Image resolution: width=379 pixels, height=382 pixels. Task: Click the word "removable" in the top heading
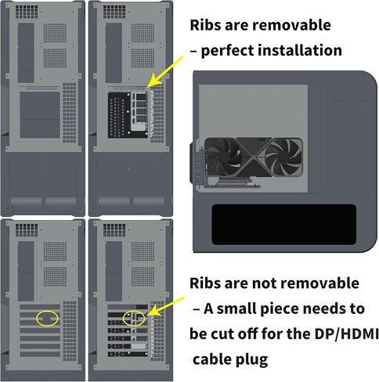[291, 25]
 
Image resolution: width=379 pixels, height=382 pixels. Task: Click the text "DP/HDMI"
[346, 333]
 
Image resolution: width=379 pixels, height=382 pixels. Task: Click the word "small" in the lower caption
[236, 309]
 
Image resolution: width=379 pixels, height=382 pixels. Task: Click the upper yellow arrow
[166, 72]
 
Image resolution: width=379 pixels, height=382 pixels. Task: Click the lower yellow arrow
[165, 307]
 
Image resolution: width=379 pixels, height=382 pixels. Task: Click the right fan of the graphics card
[283, 157]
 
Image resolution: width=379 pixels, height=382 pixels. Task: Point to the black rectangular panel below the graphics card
[283, 225]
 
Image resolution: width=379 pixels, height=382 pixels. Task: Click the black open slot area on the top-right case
[128, 115]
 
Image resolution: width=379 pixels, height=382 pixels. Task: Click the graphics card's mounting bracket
[196, 163]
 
